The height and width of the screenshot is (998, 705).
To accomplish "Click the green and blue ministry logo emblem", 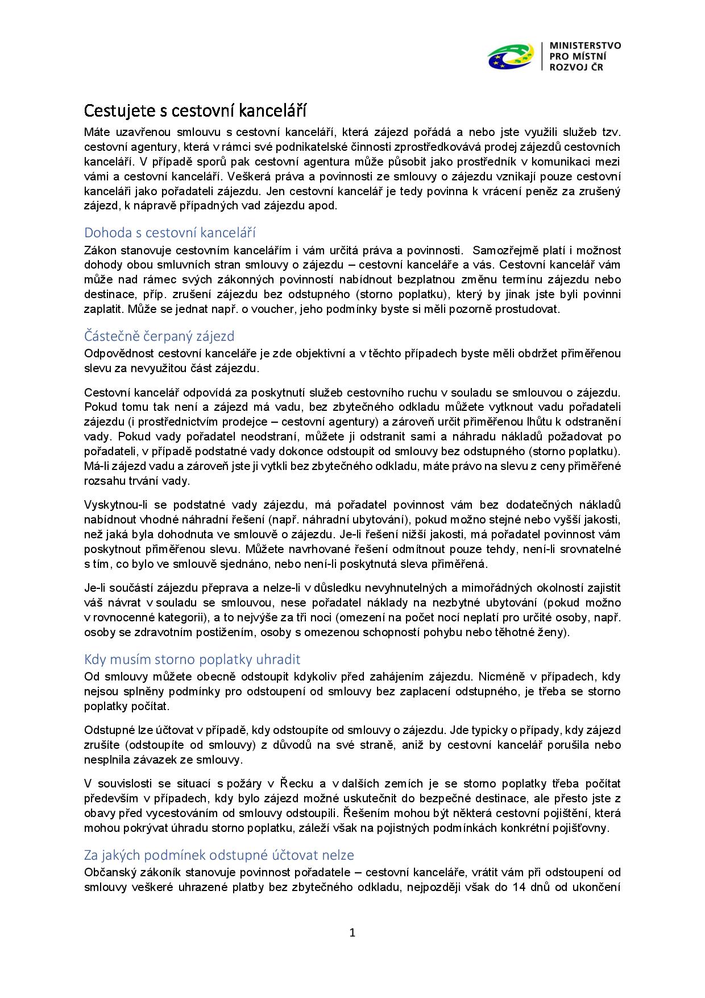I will (511, 56).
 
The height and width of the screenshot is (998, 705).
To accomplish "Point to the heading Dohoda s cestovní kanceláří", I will (169, 233).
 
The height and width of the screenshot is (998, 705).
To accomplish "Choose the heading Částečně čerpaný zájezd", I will (159, 336).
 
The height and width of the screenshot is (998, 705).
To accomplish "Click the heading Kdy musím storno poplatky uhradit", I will (192, 659).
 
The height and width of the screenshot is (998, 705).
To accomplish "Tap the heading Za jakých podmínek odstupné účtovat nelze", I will (219, 855).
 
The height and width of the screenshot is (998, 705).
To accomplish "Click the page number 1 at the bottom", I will (352, 933).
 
